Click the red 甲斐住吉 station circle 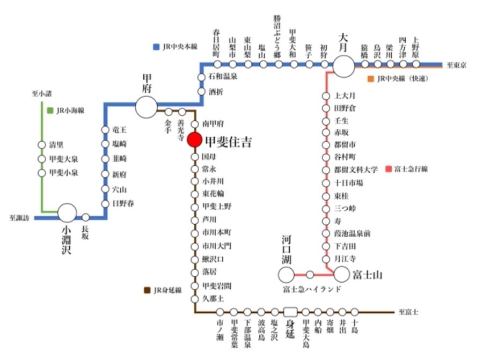[194, 141]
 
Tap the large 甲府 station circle [145, 107]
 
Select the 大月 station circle [343, 66]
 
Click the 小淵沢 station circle [68, 213]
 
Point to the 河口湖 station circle [286, 275]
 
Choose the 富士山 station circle [342, 275]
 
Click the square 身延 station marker [290, 311]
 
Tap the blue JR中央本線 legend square [156, 47]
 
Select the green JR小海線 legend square [50, 111]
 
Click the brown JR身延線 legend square [147, 290]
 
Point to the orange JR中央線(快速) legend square [370, 79]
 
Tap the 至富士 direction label [409, 312]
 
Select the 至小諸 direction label [41, 94]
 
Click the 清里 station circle [41, 145]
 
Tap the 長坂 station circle [85, 217]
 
